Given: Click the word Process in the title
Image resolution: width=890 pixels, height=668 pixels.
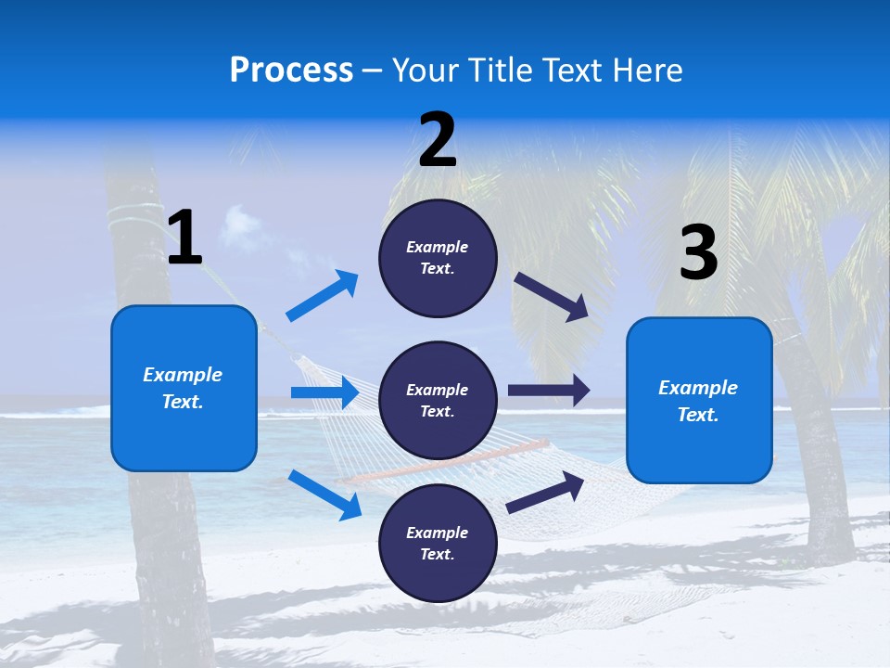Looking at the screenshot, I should click(291, 71).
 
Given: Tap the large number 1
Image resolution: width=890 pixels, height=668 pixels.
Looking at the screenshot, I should click(184, 238).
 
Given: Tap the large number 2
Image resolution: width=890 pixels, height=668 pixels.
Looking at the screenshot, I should click(438, 140).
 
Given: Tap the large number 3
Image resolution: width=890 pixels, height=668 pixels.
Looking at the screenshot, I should click(698, 253).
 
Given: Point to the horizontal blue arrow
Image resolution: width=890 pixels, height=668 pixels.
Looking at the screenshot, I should click(324, 392).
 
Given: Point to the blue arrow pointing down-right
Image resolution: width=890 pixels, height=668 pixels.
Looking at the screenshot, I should click(324, 494).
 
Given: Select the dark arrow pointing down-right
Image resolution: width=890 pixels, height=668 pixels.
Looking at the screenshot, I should click(552, 297).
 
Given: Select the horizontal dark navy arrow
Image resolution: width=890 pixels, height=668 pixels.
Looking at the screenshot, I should click(548, 391).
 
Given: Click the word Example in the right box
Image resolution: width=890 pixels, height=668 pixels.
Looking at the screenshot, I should click(698, 388).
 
